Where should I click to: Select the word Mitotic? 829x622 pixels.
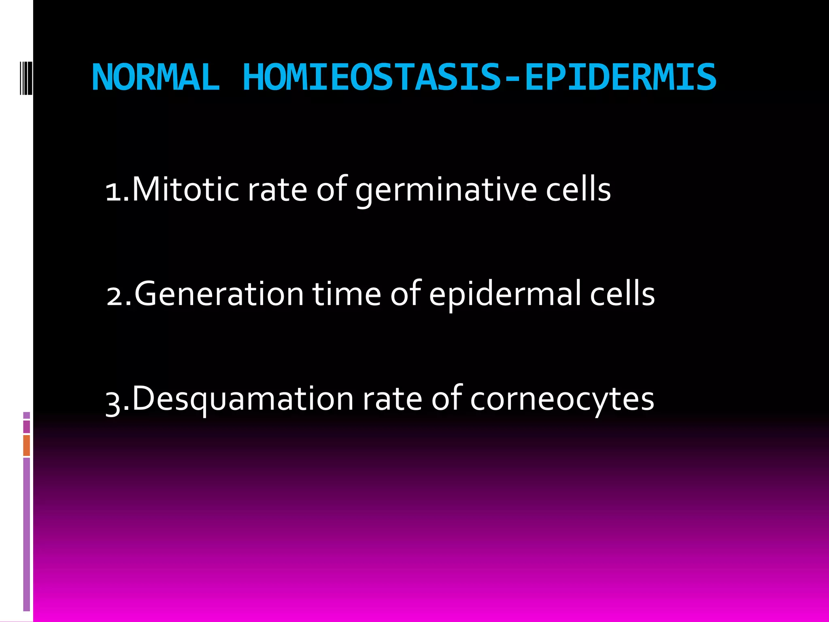186,189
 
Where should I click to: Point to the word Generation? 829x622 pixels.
219,294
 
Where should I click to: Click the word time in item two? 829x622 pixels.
346,294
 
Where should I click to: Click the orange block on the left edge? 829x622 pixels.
27,445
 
